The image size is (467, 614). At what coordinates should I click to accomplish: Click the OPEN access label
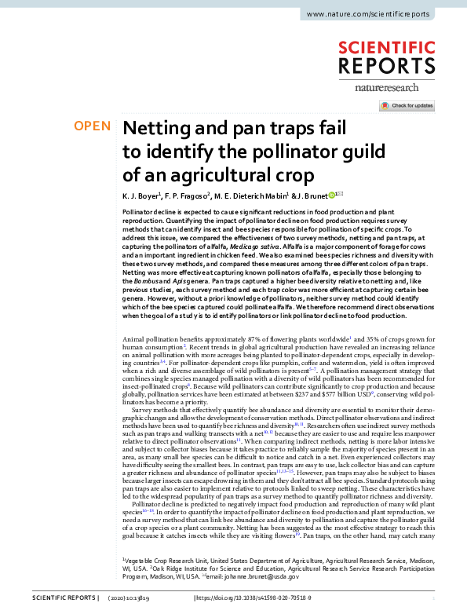coord(93,126)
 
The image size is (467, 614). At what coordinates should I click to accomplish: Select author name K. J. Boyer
coord(141,195)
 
